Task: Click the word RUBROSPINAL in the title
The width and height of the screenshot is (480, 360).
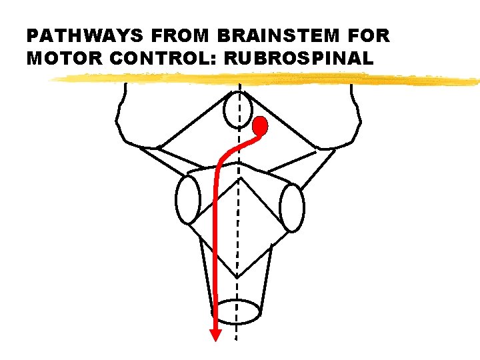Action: (299, 59)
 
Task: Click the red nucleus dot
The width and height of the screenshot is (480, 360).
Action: (260, 125)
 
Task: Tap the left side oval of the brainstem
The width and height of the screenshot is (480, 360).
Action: (187, 199)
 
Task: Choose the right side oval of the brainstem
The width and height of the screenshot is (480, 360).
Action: (292, 207)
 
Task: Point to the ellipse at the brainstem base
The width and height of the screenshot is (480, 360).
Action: (239, 311)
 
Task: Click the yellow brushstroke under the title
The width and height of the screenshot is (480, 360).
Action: (267, 80)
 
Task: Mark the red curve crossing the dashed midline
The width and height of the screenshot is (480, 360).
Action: (238, 145)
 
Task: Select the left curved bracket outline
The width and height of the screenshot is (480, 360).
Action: (120, 113)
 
